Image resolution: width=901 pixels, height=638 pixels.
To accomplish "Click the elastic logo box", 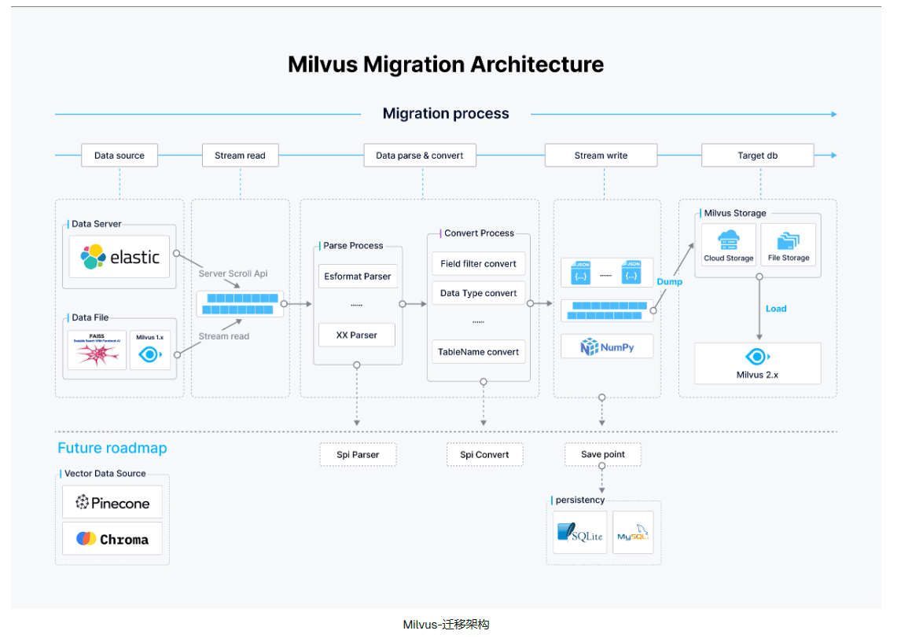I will point(120,257).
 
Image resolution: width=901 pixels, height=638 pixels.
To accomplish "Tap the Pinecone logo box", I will point(112,503).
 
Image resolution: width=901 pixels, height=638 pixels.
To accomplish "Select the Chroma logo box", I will point(112,539).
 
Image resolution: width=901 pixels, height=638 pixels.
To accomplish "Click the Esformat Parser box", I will point(358,277).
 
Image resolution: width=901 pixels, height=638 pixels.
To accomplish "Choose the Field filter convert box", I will point(478,264).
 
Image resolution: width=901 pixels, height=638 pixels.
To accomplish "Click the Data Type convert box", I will point(478,293).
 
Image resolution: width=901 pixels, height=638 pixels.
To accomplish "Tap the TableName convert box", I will point(478,352).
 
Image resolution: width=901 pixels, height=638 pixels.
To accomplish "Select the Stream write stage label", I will point(601,156).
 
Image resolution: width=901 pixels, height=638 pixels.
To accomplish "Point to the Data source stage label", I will point(120,156).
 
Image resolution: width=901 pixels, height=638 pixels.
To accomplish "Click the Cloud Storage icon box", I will point(729,244).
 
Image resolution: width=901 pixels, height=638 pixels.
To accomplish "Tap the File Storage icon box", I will point(789,244).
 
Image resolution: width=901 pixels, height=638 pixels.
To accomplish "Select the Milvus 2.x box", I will point(757,363).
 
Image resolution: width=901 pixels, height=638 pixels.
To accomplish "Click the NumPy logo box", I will point(607,346).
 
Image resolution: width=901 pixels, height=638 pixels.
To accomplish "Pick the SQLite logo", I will point(579,532).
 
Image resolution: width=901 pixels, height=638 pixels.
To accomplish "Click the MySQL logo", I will point(633,532).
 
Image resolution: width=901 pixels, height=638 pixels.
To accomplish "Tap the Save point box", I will point(602,454).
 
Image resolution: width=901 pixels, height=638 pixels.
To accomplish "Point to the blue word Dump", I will point(670,282).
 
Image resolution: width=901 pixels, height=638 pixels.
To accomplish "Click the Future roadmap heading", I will point(112,449).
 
